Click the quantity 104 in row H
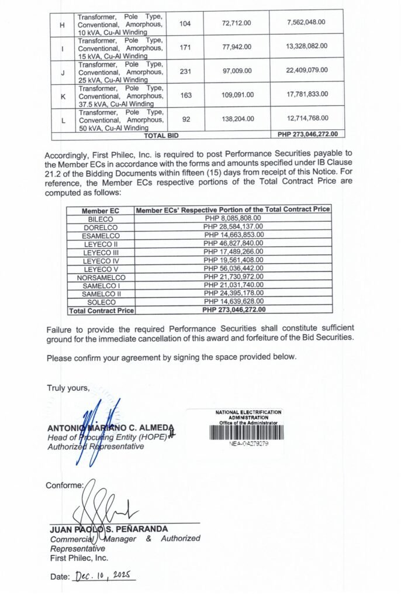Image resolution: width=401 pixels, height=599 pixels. (186, 22)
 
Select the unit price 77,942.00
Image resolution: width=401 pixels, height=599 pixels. (237, 46)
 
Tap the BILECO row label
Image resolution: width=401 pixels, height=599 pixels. (100, 218)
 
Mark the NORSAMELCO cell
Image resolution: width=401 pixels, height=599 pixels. (100, 277)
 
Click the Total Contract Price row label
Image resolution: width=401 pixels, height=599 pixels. (101, 310)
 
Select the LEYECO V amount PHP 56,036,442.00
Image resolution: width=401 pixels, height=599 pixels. (233, 268)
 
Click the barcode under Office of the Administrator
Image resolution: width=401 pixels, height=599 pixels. (246, 432)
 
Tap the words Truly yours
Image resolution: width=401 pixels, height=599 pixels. (68, 388)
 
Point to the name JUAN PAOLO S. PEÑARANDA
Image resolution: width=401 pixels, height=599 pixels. (109, 529)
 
